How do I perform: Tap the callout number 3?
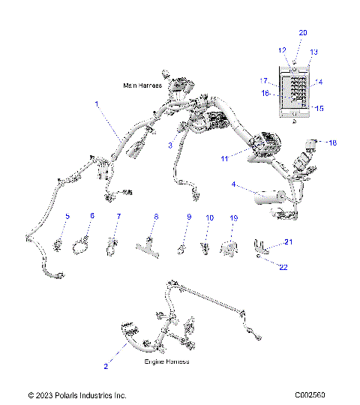(x=170, y=144)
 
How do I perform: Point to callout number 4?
(x=234, y=184)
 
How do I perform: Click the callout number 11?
(x=223, y=158)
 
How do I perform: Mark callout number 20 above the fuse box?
(x=303, y=33)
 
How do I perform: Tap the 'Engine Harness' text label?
(x=167, y=361)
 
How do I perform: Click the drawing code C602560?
(x=315, y=395)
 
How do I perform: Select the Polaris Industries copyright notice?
(x=77, y=395)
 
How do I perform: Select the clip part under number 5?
(x=56, y=242)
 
